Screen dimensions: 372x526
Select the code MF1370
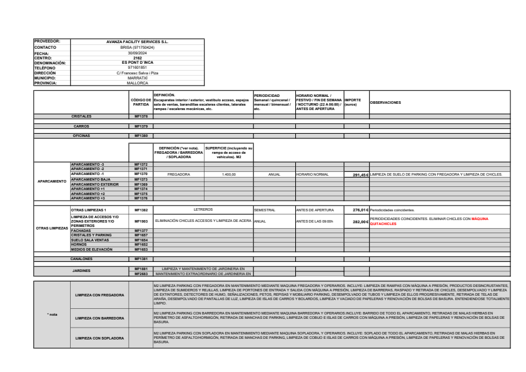pos(141,174)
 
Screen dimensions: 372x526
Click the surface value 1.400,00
pos(228,174)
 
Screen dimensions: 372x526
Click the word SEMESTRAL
pos(265,210)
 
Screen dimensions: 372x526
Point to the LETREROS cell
pos(203,210)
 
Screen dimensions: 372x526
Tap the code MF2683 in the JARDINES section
pos(141,273)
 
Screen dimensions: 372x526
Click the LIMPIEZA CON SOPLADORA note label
pos(100,338)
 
